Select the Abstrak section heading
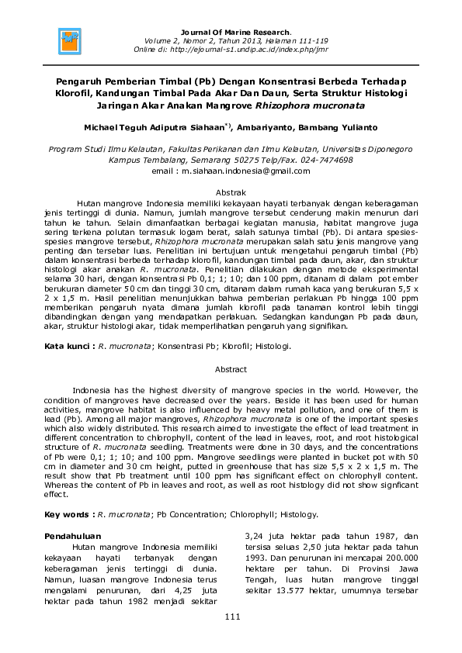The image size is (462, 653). tap(231, 192)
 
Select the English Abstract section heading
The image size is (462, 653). tap(231, 370)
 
